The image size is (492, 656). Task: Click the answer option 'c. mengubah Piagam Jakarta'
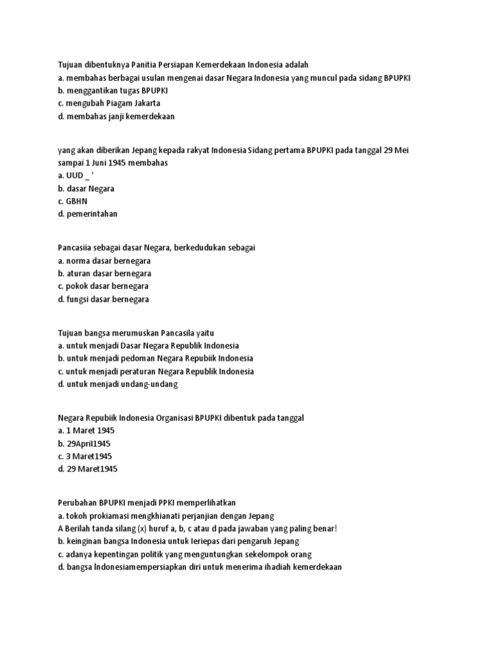point(108,103)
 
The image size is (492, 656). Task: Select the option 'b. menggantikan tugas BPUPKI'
point(112,90)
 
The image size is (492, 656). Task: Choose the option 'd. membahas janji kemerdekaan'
point(116,116)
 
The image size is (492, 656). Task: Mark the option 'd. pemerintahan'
point(87,214)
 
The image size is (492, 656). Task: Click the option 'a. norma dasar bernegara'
point(104,261)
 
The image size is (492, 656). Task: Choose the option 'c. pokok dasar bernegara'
point(102,286)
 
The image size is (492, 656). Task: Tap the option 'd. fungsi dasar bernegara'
point(102,299)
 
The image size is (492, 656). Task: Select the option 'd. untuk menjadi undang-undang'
point(117,384)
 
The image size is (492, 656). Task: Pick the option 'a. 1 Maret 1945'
point(86,430)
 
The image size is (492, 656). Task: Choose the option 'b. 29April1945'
point(85,443)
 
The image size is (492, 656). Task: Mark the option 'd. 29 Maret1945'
point(87,469)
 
